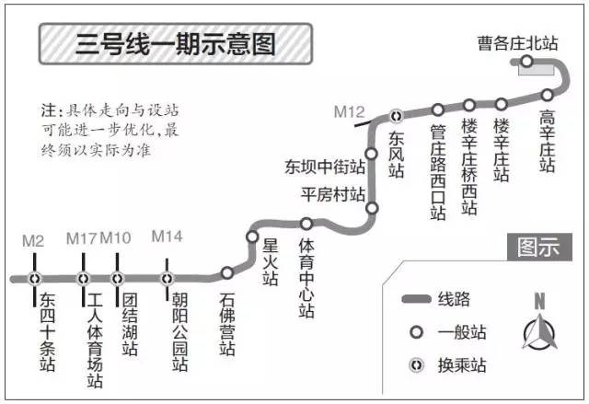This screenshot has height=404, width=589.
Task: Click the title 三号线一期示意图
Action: pos(176,44)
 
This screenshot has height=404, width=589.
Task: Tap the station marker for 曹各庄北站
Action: pos(526,63)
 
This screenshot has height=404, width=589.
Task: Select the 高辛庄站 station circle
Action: pos(548,94)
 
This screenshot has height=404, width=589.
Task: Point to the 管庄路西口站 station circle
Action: pos(438,110)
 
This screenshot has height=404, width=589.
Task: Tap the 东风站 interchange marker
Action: pos(397,116)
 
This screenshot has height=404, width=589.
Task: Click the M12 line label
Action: pos(349,112)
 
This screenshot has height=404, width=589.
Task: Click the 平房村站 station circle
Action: pos(372,209)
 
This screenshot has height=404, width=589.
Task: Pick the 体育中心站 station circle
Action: pos(306,223)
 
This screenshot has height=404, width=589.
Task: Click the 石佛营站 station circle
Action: pos(227,272)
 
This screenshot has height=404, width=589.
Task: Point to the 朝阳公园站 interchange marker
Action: pos(167,278)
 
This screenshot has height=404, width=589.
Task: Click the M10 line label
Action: pos(116,238)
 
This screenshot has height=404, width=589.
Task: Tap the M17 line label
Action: pos(82,238)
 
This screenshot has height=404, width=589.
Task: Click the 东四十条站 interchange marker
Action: pos(35,278)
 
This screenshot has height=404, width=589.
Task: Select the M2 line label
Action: pos(33,241)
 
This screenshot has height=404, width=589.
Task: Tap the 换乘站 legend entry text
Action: pos(460,365)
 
